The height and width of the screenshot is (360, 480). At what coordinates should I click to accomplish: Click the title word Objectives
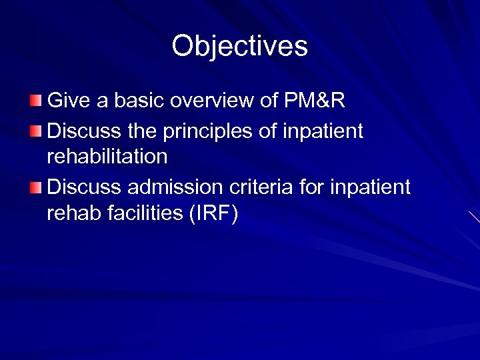pos(239,47)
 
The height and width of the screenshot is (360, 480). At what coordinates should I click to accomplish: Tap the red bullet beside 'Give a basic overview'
pos(35,101)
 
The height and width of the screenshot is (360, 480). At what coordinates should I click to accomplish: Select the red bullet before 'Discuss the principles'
pos(35,130)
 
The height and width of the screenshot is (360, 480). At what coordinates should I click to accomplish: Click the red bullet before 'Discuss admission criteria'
pos(35,187)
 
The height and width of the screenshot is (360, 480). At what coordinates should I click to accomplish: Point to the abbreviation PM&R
pos(315,101)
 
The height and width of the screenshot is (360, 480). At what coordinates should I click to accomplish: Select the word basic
pos(140,101)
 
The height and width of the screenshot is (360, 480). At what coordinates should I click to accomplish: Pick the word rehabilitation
pos(107,157)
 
